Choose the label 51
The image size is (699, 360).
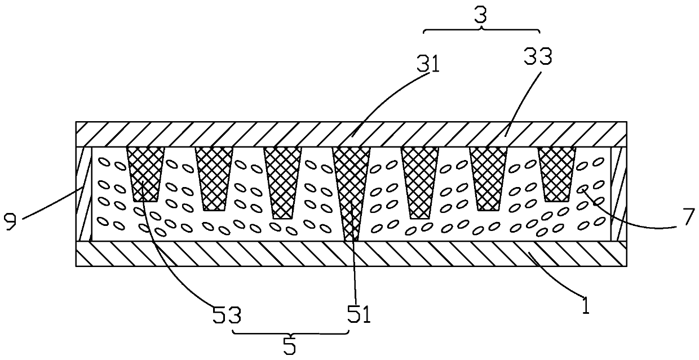pos(359,315)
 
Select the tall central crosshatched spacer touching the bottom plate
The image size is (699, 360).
pos(351,186)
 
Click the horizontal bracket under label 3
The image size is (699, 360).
pos(481,31)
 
